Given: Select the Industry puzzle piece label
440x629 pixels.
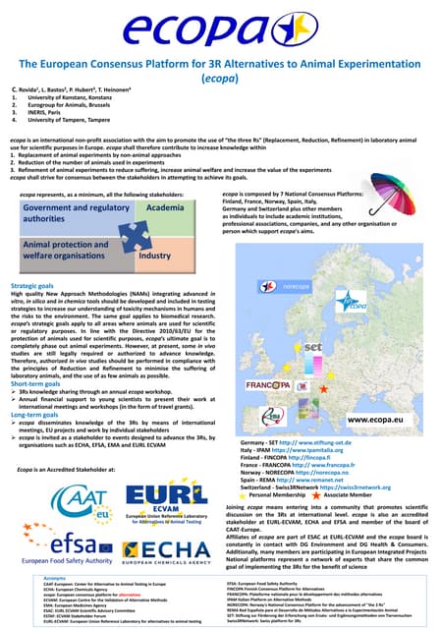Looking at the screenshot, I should click(x=157, y=254).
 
